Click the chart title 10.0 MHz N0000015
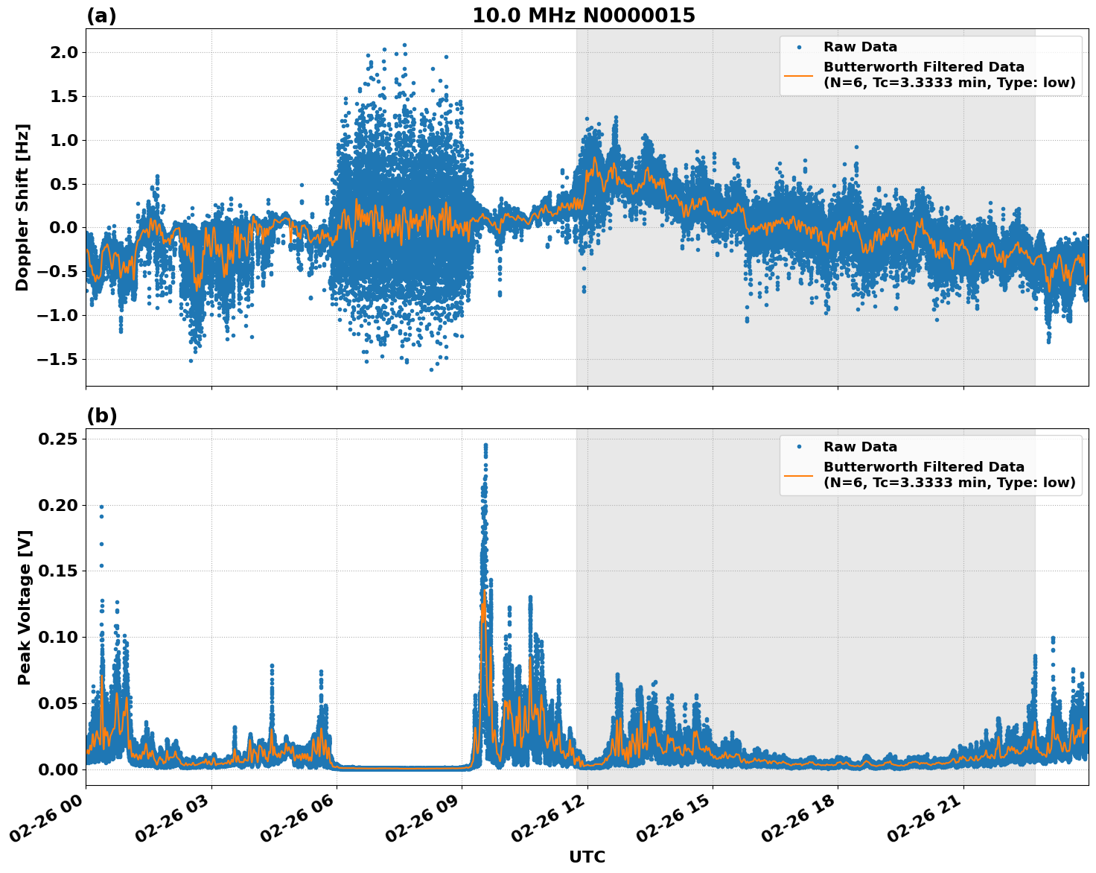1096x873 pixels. pyautogui.click(x=584, y=16)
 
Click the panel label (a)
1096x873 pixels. pyautogui.click(x=101, y=16)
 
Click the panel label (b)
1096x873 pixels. pyautogui.click(x=101, y=416)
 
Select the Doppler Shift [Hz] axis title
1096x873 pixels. pyautogui.click(x=22, y=207)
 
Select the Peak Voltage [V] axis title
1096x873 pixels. pyautogui.click(x=25, y=607)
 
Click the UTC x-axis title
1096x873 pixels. pyautogui.click(x=587, y=857)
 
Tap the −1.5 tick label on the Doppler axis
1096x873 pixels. pyautogui.click(x=58, y=359)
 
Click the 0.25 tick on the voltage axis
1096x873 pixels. pyautogui.click(x=58, y=439)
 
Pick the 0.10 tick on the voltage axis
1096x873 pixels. pyautogui.click(x=58, y=637)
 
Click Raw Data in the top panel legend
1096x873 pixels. pyautogui.click(x=860, y=47)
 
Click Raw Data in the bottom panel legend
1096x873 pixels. pyautogui.click(x=860, y=447)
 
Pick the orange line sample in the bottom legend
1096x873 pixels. pyautogui.click(x=798, y=474)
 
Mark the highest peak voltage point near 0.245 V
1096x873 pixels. pyautogui.click(x=485, y=445)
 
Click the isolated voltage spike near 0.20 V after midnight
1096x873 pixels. pyautogui.click(x=101, y=507)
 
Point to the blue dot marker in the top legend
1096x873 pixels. pyautogui.click(x=798, y=47)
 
